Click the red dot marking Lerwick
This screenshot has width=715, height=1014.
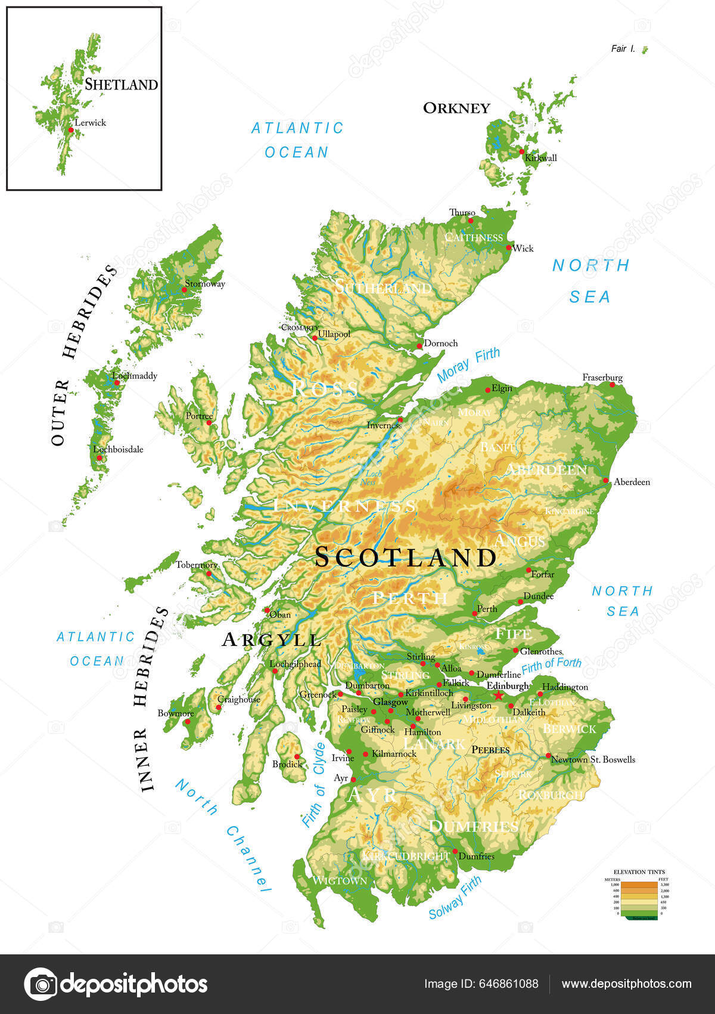71,129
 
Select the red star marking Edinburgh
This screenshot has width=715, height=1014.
498,695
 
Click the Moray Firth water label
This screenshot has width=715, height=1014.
468,364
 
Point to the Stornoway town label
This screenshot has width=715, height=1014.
205,284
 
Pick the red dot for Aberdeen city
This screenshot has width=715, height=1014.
606,480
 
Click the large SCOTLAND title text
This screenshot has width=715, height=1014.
405,557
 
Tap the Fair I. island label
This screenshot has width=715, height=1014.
623,49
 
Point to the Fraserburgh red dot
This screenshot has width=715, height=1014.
613,385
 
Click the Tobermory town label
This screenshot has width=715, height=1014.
197,565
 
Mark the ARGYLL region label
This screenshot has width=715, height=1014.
272,640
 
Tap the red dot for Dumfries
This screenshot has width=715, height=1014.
455,851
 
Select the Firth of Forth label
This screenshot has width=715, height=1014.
551,664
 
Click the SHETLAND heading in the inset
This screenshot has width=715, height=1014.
121,85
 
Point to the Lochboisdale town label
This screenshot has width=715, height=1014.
118,449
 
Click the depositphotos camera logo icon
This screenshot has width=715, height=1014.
41,984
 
